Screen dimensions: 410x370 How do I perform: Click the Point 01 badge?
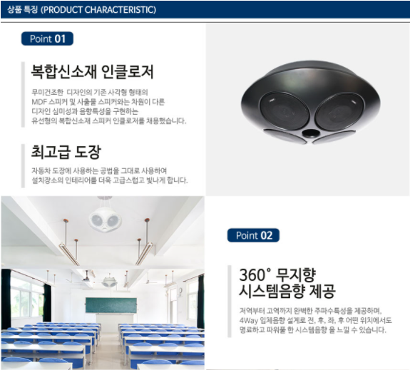(47, 38)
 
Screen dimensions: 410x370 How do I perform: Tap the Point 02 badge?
(253, 235)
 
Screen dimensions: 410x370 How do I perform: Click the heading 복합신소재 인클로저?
(92, 71)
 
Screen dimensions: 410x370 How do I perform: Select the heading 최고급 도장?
(66, 152)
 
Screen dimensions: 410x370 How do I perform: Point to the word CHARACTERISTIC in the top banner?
(120, 10)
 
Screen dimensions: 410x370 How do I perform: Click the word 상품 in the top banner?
(14, 10)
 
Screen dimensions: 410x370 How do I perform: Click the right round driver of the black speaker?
(339, 111)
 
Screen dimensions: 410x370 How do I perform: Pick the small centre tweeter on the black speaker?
(310, 133)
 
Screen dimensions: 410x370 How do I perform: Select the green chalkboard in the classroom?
(111, 305)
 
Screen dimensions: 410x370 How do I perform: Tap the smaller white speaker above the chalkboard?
(109, 282)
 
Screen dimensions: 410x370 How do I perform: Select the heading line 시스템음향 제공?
(287, 291)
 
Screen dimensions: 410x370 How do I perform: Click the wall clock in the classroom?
(180, 291)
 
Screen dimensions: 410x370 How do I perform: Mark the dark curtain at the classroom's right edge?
(200, 301)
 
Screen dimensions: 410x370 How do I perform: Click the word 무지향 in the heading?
(296, 274)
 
